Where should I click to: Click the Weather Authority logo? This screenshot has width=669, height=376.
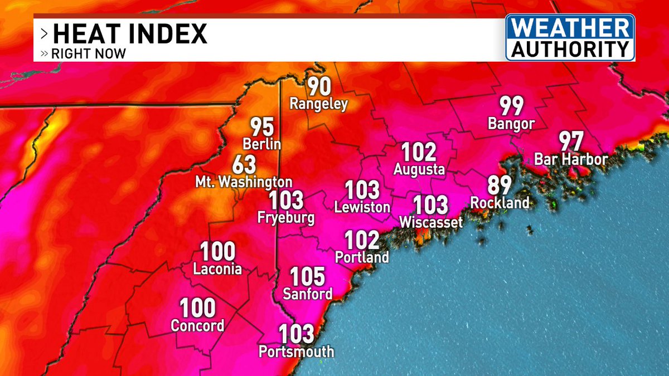(570, 37)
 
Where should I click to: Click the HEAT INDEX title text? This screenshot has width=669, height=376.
(129, 34)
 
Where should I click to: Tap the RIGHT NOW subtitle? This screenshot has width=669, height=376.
(88, 54)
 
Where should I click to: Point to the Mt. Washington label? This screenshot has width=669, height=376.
(244, 182)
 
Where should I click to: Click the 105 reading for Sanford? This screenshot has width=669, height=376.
(307, 276)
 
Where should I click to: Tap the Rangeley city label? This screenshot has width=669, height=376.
(318, 104)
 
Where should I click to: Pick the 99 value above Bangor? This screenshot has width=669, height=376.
(511, 105)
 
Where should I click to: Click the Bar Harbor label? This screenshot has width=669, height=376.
(571, 160)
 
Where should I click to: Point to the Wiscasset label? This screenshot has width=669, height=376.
(431, 223)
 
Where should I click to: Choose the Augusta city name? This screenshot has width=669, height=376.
(419, 169)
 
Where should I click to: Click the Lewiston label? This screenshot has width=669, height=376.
(362, 207)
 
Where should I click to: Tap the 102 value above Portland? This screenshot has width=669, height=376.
(362, 240)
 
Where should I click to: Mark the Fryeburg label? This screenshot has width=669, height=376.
(286, 218)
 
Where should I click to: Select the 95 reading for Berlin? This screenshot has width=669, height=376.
(261, 127)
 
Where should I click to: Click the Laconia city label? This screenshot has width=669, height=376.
(217, 270)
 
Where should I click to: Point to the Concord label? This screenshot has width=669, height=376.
(197, 326)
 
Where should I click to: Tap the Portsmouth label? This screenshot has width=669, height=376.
(297, 351)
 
